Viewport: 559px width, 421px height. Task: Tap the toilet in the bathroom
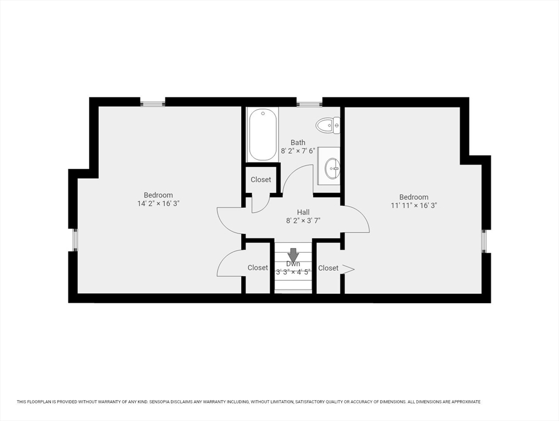pyautogui.click(x=328, y=126)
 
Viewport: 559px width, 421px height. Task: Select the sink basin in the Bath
pyautogui.click(x=333, y=169)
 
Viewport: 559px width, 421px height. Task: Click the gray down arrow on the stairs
pyautogui.click(x=293, y=255)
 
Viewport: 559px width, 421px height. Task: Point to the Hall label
pyautogui.click(x=303, y=212)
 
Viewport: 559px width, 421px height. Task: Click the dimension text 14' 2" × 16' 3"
pyautogui.click(x=158, y=203)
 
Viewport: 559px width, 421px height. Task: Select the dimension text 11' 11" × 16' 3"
pyautogui.click(x=414, y=206)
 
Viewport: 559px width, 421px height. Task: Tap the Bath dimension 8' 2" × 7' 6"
pyautogui.click(x=298, y=151)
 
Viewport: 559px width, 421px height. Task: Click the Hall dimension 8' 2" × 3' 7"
pyautogui.click(x=303, y=221)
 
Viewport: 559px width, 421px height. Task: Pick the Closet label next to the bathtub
pyautogui.click(x=261, y=180)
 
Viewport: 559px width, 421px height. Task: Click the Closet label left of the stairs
pyautogui.click(x=258, y=268)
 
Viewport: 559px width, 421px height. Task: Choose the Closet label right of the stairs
pyautogui.click(x=328, y=268)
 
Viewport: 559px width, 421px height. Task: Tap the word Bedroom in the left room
pyautogui.click(x=158, y=195)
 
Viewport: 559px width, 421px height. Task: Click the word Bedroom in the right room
pyautogui.click(x=414, y=197)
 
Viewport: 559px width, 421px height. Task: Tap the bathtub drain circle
pyautogui.click(x=263, y=113)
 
